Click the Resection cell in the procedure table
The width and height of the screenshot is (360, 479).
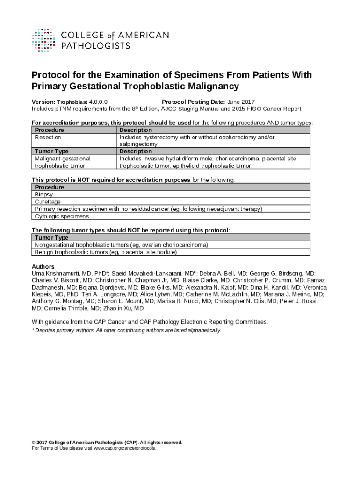click(x=48, y=138)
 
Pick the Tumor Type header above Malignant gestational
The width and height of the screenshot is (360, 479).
click(x=51, y=152)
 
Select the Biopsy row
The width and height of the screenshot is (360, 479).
click(x=44, y=195)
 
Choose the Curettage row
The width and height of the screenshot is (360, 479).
click(x=48, y=202)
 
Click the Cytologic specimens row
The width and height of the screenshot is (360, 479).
click(x=62, y=216)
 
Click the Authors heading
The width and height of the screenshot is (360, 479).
click(x=43, y=267)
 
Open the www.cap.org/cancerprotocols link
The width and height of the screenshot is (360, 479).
click(x=124, y=448)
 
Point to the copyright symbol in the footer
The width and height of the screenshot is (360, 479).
click(x=33, y=443)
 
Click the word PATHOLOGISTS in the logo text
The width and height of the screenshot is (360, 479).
click(x=96, y=46)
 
